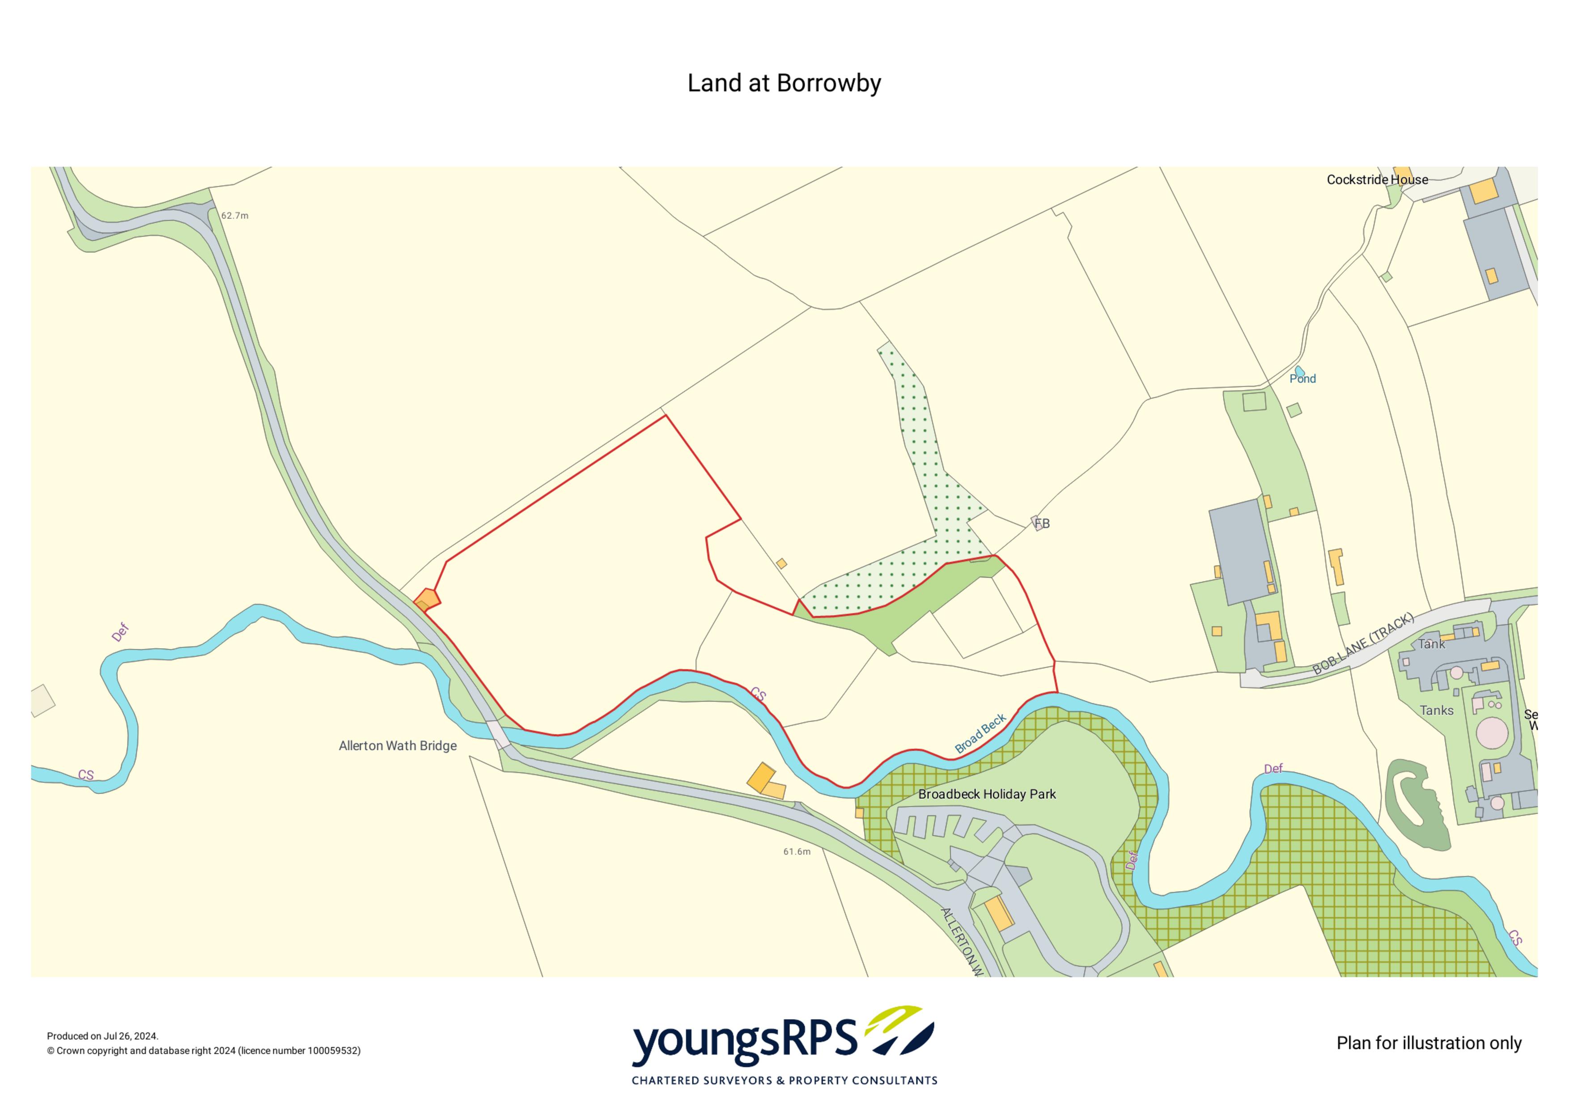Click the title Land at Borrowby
point(784,83)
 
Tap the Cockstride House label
point(1377,180)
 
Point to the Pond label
point(1302,379)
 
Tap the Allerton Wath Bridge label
point(398,746)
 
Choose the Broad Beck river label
point(980,733)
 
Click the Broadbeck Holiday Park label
point(987,794)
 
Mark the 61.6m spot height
point(797,852)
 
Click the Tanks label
point(1437,711)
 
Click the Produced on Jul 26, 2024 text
point(102,1036)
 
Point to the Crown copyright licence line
point(204,1050)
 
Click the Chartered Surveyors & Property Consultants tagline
point(784,1080)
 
